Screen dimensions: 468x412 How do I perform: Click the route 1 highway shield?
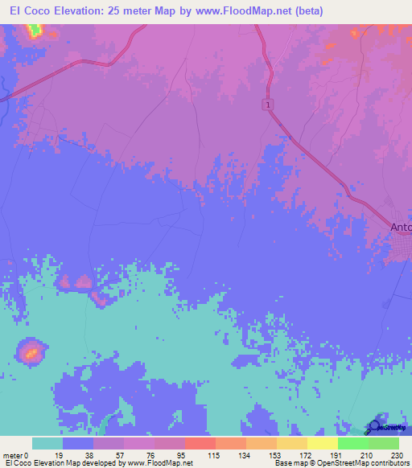click(x=266, y=105)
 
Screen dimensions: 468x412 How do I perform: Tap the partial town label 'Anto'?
click(x=401, y=228)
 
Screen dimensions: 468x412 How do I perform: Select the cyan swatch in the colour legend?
click(x=47, y=443)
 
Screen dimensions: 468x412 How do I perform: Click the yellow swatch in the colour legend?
click(x=322, y=443)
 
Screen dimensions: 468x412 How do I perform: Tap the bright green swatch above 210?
click(x=352, y=443)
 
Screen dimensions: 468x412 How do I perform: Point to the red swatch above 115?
click(x=200, y=443)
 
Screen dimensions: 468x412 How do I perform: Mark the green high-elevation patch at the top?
click(x=34, y=31)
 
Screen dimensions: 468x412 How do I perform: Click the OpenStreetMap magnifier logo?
click(x=374, y=428)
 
